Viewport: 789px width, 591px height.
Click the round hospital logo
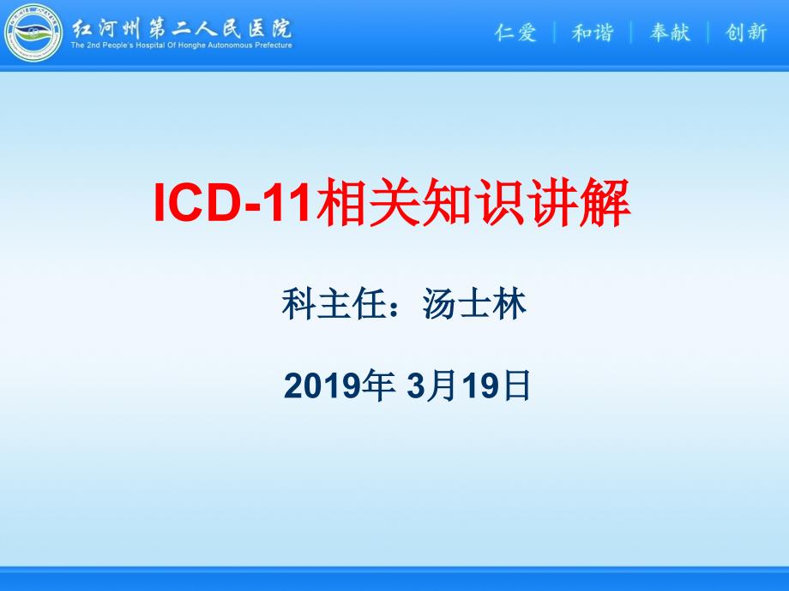coord(33,33)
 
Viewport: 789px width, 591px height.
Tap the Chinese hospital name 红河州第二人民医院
coord(182,28)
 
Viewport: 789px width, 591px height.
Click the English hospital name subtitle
coord(182,45)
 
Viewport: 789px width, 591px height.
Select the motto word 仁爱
coord(515,33)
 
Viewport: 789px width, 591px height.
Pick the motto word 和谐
coord(593,33)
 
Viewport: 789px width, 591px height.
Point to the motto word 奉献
coord(670,33)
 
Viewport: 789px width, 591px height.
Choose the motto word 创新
coord(746,33)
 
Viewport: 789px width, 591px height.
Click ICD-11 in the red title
coord(232,202)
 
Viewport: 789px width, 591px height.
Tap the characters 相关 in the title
coord(368,202)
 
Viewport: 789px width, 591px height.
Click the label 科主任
coord(334,304)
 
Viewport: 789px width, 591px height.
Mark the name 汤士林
coord(474,304)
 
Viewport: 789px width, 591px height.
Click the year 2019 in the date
coord(322,386)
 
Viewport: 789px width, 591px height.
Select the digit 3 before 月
coord(417,386)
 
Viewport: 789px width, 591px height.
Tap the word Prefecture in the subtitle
coord(274,45)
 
